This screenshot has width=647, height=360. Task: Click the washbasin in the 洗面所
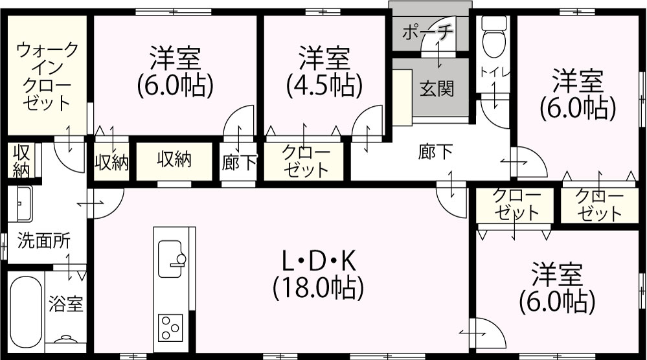coord(20,204)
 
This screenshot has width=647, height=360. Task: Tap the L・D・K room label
coord(318,261)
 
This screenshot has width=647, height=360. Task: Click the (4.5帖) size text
coord(324,85)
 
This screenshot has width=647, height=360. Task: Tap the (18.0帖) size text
coord(318,287)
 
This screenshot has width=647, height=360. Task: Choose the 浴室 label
coord(66,304)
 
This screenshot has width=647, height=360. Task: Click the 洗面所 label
coord(44,241)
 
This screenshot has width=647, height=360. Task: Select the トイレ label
coord(495,72)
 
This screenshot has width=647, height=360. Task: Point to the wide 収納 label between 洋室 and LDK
coord(174,159)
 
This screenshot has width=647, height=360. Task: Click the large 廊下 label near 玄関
coord(435,152)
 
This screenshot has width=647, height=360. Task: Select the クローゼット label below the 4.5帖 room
coord(306,161)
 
